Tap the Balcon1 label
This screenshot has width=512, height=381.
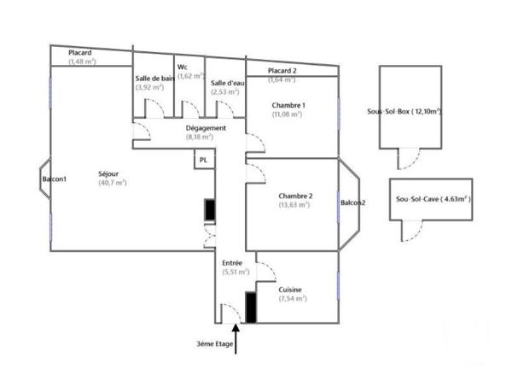coord(54,179)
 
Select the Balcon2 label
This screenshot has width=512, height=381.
coord(352,202)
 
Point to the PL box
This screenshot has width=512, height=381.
coord(203,160)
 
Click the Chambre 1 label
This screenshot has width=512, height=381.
coord(288,104)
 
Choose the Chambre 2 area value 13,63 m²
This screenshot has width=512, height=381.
coord(295,205)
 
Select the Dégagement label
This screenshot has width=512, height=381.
coord(206,128)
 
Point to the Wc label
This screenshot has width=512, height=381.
coord(183,67)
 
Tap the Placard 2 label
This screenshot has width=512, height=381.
coord(282,70)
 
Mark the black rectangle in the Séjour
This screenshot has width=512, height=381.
coord(209,210)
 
